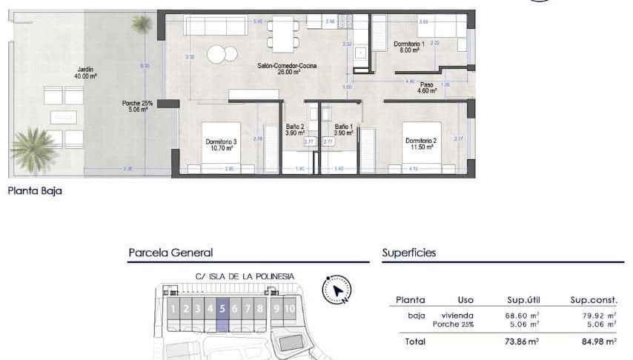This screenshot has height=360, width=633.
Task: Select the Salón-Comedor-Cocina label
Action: (x=287, y=67)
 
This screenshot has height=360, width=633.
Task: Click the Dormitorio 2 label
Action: (x=419, y=144)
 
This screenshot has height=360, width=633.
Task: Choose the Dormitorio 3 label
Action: (x=221, y=144)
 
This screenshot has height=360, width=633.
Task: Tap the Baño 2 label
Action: (x=295, y=130)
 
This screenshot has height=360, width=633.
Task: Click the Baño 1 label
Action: (x=343, y=130)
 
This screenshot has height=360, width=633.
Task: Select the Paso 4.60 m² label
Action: (x=428, y=88)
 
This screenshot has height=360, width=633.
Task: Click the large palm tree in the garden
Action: (x=34, y=147)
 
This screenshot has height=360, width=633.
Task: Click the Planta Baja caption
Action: (x=35, y=190)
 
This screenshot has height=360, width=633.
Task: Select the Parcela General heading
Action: (x=170, y=253)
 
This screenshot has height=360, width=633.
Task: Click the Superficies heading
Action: (x=409, y=253)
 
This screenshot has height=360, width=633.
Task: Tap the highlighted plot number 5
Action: (x=222, y=309)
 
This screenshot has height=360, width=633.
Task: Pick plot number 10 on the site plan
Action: (x=289, y=309)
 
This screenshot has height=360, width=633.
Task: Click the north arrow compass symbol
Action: (x=337, y=290)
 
